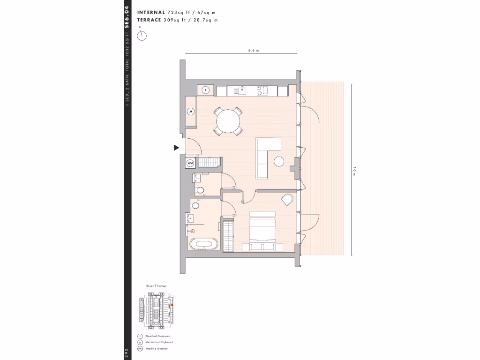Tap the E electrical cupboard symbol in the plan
coord(205,90)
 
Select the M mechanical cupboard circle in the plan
coord(191,112)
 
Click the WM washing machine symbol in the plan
coord(190,163)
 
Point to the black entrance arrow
coord(177,148)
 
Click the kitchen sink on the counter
coord(243,90)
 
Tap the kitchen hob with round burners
coord(264,90)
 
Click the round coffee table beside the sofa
coord(278,161)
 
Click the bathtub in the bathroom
coord(203,245)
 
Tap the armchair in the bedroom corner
coord(287,200)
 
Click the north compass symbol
coord(142,35)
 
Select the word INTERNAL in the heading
coord(151,13)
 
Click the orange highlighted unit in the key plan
coord(171,305)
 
